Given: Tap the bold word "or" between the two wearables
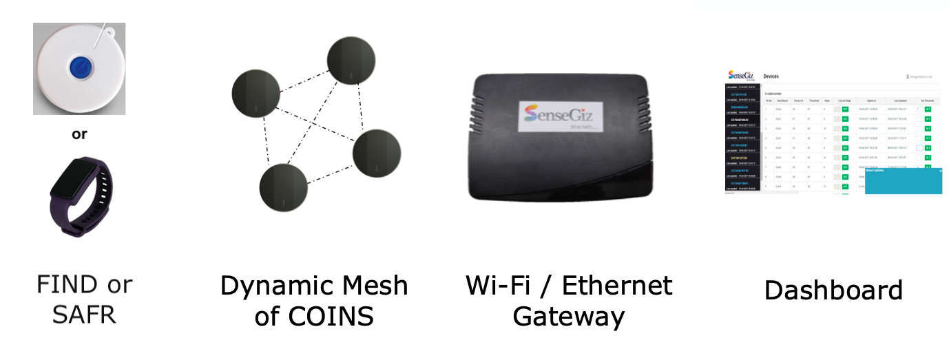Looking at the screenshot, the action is [79, 134].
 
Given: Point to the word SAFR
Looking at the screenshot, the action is [83, 314].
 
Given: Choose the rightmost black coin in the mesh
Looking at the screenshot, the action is [376, 151].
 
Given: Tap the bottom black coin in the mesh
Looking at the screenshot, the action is [283, 188].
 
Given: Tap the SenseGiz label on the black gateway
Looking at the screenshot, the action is [558, 116].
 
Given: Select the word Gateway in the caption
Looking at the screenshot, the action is [569, 317].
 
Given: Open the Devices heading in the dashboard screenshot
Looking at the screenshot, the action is [771, 76].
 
